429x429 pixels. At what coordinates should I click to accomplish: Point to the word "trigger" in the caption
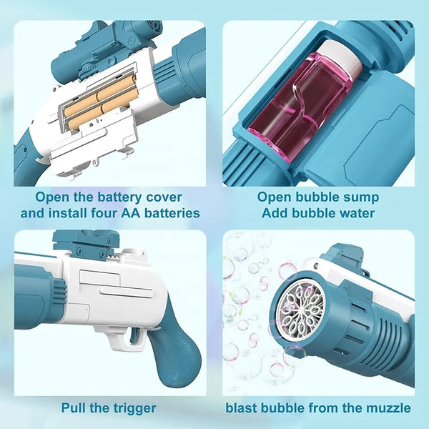(x=132, y=408)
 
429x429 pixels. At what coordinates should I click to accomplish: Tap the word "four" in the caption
(x=104, y=213)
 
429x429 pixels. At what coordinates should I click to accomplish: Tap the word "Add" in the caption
(x=275, y=213)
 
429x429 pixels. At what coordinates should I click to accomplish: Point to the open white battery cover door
(x=93, y=143)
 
